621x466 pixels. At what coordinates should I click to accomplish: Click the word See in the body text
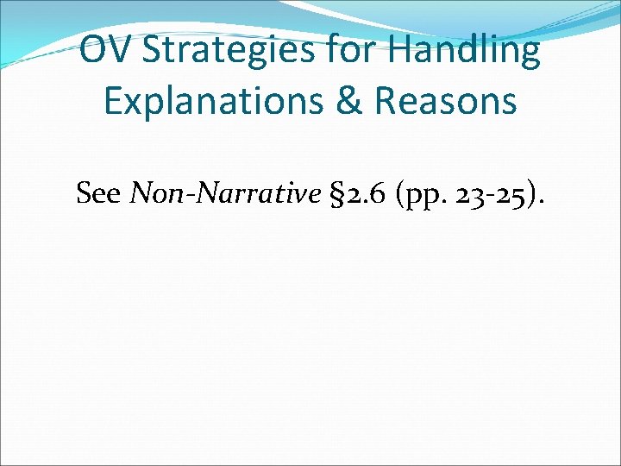click(98, 193)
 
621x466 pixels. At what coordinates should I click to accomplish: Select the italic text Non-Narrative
click(224, 193)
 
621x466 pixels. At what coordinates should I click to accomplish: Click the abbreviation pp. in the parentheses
click(427, 196)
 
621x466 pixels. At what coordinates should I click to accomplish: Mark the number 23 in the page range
click(475, 193)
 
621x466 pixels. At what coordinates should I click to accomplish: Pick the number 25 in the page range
click(515, 193)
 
